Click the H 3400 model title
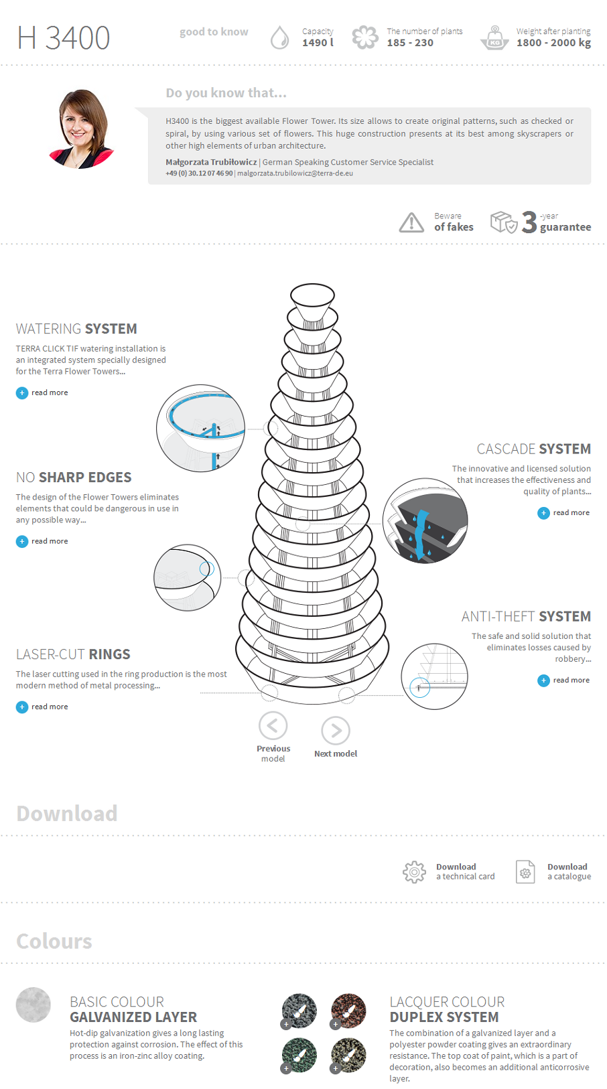(x=64, y=38)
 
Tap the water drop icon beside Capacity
(x=279, y=38)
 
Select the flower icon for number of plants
(x=365, y=38)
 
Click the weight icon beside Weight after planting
(x=495, y=38)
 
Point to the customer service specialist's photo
(x=82, y=129)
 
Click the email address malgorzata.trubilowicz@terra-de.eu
(x=295, y=173)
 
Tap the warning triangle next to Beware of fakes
(x=411, y=222)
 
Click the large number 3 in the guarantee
(x=529, y=222)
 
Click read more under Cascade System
(x=563, y=513)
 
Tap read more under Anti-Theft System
(x=563, y=680)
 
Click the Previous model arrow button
(x=273, y=725)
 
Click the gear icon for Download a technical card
(x=414, y=871)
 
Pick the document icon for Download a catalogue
(x=525, y=871)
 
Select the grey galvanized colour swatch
(x=33, y=1005)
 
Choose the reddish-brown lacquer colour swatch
(x=348, y=1010)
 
